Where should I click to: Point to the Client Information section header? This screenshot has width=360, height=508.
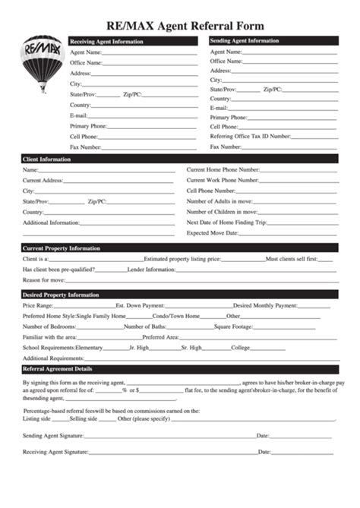click(x=47, y=159)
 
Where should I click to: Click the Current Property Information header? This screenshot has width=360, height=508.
click(x=62, y=248)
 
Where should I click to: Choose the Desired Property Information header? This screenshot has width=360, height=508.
click(x=61, y=295)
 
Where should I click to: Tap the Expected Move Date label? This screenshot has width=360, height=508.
click(x=213, y=233)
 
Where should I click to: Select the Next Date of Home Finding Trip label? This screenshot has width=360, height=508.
click(x=227, y=222)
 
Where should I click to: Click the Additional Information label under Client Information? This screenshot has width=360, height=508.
click(x=51, y=222)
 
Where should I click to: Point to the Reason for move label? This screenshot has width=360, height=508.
click(x=44, y=280)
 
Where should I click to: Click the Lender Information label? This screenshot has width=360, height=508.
click(x=151, y=270)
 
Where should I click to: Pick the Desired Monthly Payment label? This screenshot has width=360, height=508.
click(x=265, y=305)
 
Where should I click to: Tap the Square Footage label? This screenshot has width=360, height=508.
click(x=233, y=327)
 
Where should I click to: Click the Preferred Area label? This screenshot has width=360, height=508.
click(x=160, y=337)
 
